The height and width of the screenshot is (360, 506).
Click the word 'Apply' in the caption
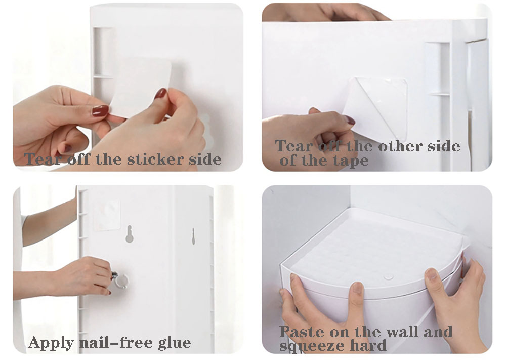point(51,343)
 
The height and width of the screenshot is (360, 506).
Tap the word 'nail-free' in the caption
point(116,342)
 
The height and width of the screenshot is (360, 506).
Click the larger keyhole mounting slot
point(129,234)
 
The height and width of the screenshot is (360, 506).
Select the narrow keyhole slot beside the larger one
point(193,236)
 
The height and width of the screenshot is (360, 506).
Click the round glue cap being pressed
point(121,281)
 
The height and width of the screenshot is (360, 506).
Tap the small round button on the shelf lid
point(389,276)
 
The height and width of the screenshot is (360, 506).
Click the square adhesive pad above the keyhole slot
point(107,214)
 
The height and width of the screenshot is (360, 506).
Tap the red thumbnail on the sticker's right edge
point(160,94)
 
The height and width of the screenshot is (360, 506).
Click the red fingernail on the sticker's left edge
point(100,111)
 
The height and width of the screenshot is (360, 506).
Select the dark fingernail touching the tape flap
point(350,120)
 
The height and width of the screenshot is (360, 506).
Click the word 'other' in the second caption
point(401,147)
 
